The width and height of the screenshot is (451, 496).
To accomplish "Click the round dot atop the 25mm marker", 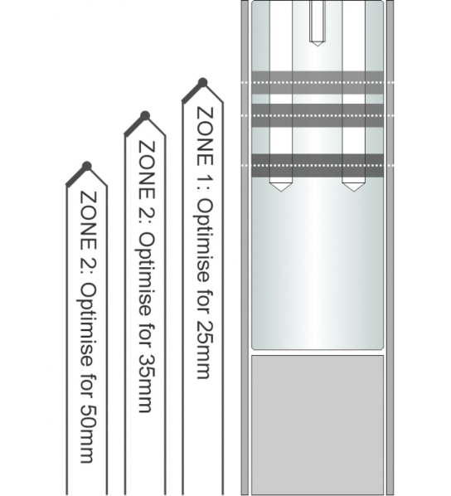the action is pos(202,83).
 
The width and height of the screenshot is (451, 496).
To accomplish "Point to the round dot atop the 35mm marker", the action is pos(145,116).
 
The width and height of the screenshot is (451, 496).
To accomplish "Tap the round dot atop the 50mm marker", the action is pos(87,167).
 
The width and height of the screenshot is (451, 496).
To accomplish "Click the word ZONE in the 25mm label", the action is pos(205,136).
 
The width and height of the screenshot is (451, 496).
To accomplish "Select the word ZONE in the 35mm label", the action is pos(147,170).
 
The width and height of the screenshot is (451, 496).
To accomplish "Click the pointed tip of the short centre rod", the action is pos(318,46).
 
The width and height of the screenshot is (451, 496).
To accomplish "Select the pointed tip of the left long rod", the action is pos(280,191).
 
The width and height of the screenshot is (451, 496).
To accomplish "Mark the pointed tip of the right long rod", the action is pos(354,191).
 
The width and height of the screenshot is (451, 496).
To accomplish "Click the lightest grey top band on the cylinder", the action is pos(318,83).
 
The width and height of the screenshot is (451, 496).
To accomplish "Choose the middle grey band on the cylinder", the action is pos(318,115).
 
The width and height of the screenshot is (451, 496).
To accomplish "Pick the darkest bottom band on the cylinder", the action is pos(318,165).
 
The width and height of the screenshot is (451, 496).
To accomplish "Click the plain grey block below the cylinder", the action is pos(318,425).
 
